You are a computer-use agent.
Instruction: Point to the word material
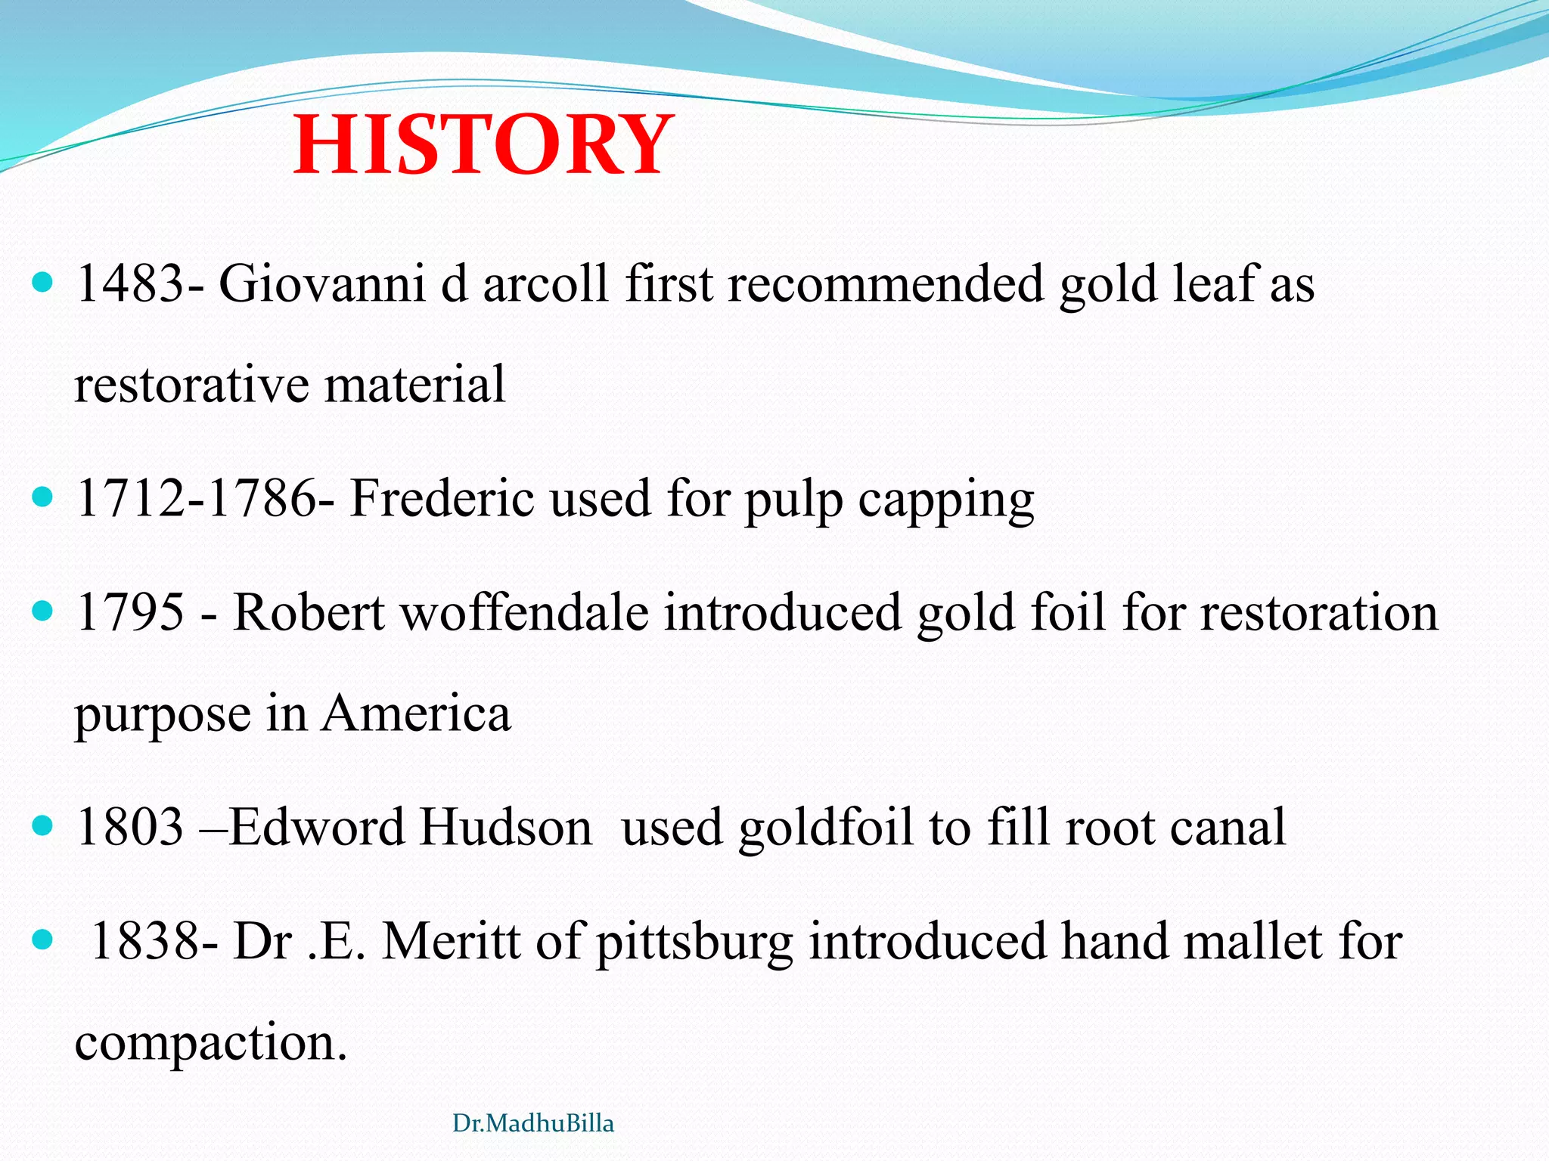pyautogui.click(x=414, y=384)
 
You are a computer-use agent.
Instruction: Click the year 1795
pyautogui.click(x=130, y=611)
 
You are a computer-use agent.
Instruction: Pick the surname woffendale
pyautogui.click(x=524, y=611)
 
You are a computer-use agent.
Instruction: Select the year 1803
pyautogui.click(x=130, y=827)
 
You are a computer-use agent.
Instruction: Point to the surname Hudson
pyautogui.click(x=506, y=827)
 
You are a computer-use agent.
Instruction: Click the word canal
pyautogui.click(x=1228, y=827)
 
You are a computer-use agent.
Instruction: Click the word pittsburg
pyautogui.click(x=694, y=943)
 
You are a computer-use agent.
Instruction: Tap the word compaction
pyautogui.click(x=210, y=1043)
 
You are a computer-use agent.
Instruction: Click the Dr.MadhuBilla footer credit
pyautogui.click(x=533, y=1124)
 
